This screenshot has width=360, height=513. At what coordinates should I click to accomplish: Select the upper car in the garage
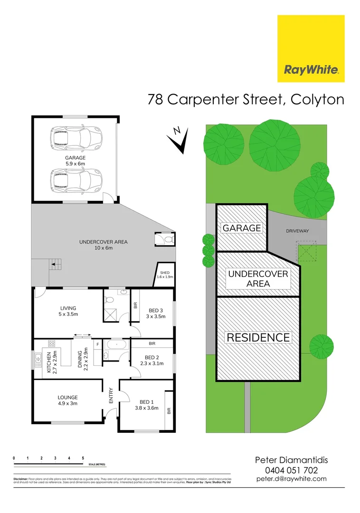[76, 137]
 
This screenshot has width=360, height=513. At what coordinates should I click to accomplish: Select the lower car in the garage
[76, 180]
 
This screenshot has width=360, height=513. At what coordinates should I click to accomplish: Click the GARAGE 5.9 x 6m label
[75, 161]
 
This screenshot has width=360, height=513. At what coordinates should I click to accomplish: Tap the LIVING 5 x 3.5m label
[67, 311]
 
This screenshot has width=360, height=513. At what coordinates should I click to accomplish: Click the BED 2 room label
[152, 360]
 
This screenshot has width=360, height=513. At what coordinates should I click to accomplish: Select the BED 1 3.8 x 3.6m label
[147, 404]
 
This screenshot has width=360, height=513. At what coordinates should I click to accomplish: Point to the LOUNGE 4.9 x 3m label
[67, 400]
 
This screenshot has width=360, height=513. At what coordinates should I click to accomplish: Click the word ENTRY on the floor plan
[111, 397]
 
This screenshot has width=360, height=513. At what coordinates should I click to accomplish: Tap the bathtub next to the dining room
[115, 343]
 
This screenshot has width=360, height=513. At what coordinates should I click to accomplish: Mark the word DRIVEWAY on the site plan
[297, 231]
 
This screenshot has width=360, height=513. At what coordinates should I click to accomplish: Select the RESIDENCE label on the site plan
[258, 337]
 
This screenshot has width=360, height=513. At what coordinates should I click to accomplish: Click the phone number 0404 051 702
[291, 470]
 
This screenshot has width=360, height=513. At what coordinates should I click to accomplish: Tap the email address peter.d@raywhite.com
[291, 479]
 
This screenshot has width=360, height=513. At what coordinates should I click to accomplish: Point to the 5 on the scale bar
[83, 458]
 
